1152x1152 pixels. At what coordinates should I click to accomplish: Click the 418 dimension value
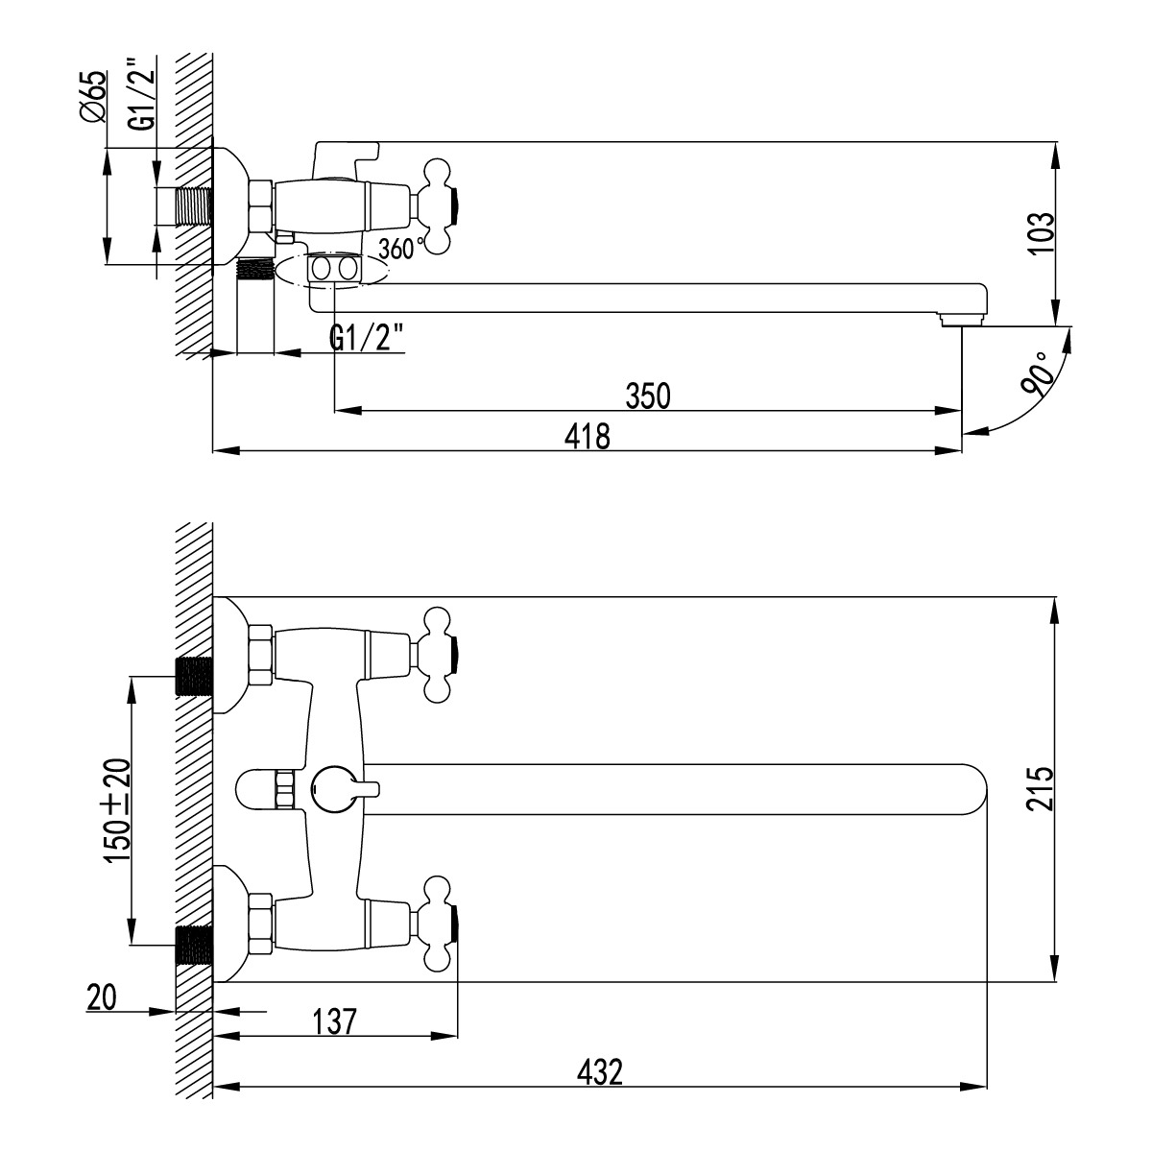click(x=588, y=437)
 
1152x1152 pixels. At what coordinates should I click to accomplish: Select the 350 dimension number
click(x=647, y=396)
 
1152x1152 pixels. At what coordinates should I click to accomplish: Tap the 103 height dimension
click(x=1041, y=233)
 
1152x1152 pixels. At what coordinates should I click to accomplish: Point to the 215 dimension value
click(x=1041, y=789)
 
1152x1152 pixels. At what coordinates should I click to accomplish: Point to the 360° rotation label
click(x=401, y=248)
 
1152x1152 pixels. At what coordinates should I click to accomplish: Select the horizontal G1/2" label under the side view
click(x=366, y=339)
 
